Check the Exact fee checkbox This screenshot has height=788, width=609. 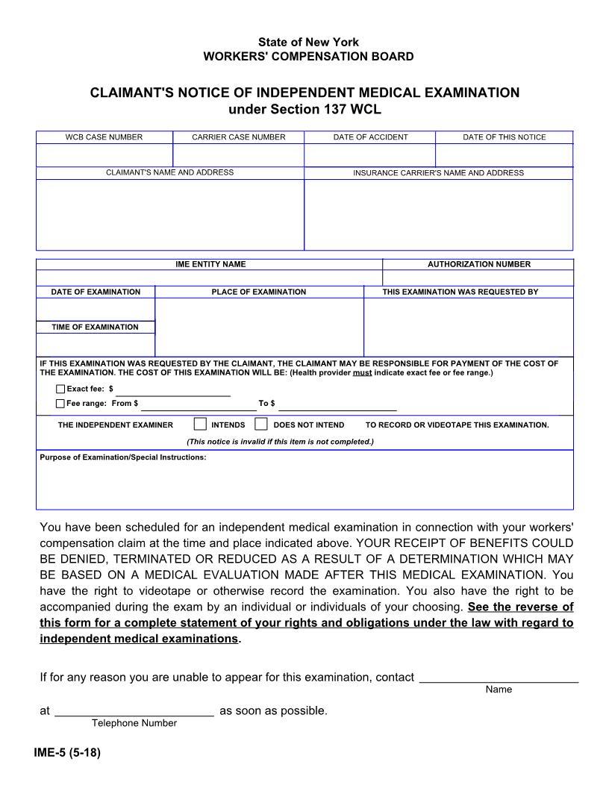click(x=60, y=389)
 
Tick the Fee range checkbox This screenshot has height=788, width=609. click(x=60, y=404)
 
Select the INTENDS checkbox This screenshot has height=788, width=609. click(x=200, y=425)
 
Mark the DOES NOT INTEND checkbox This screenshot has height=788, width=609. click(x=260, y=425)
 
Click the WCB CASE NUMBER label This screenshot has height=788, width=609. click(x=104, y=137)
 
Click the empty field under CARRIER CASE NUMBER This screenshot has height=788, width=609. click(x=238, y=155)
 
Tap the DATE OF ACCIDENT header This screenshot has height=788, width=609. click(x=370, y=137)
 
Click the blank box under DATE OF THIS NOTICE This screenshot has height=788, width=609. click(x=504, y=155)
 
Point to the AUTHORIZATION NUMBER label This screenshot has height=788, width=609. click(x=478, y=264)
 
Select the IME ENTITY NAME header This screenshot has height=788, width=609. click(x=210, y=264)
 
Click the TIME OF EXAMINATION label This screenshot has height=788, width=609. click(x=95, y=327)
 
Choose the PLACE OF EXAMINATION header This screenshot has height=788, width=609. click(x=258, y=292)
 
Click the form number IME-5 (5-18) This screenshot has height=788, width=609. click(x=67, y=753)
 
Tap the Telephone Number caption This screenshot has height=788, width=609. click(x=134, y=723)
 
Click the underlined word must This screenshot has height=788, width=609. click(x=362, y=372)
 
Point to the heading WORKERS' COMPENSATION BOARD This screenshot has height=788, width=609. click(x=308, y=57)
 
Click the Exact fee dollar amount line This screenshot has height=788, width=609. click(x=172, y=390)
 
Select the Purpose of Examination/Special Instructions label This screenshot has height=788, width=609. click(x=122, y=457)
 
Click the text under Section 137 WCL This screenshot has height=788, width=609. click(x=304, y=110)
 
